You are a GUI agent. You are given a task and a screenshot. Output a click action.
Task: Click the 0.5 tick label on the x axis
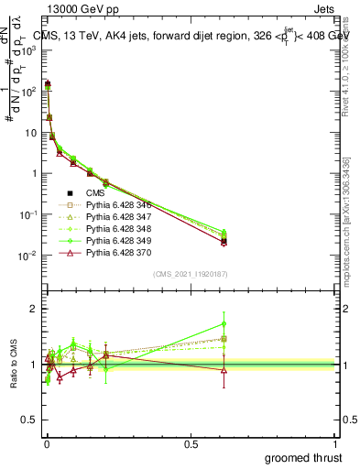pos(191,443)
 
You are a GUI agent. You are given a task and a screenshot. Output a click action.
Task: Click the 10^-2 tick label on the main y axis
pos(27,256)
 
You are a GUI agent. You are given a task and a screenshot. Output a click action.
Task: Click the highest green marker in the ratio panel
pos(224,323)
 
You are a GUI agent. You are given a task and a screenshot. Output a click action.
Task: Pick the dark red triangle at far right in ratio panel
pos(224,370)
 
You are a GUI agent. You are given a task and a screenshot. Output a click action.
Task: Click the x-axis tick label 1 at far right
pos(336,443)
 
